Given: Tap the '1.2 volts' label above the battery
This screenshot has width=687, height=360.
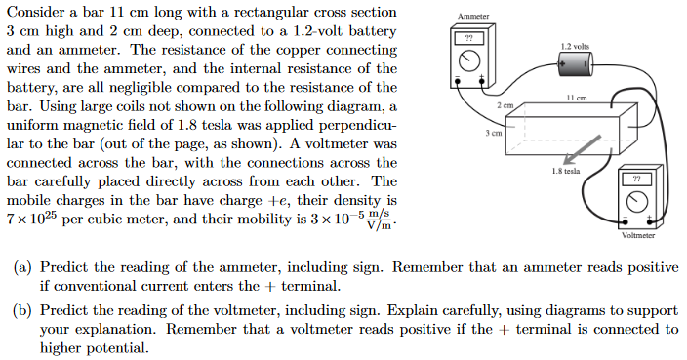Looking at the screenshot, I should [575, 46].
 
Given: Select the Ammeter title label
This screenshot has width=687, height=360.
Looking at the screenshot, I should [473, 17].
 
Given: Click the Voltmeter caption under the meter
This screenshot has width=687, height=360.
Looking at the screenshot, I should [637, 235].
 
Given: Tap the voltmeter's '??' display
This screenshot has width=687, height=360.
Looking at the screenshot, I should [637, 180].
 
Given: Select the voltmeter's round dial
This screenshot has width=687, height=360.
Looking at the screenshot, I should [637, 203].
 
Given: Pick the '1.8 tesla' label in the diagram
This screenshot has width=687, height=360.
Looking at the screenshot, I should [566, 171].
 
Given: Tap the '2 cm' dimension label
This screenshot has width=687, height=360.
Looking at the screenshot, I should [505, 103].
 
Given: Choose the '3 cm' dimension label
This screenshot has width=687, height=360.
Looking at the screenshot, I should [495, 132].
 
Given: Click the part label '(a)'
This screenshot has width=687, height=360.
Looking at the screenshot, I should [20, 267].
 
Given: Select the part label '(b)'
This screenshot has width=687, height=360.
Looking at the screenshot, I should [20, 311].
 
